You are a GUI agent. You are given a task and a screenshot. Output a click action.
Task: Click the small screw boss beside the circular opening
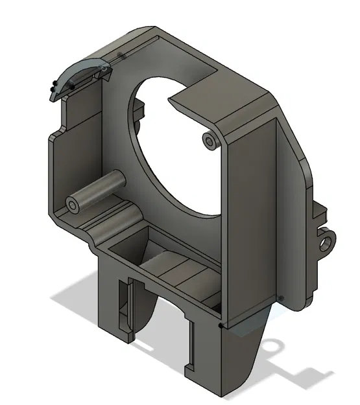click(209, 141)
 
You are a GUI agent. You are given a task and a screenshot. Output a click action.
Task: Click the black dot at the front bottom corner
click(222, 326)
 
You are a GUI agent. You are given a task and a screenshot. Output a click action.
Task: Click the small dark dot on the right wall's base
click(281, 298)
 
